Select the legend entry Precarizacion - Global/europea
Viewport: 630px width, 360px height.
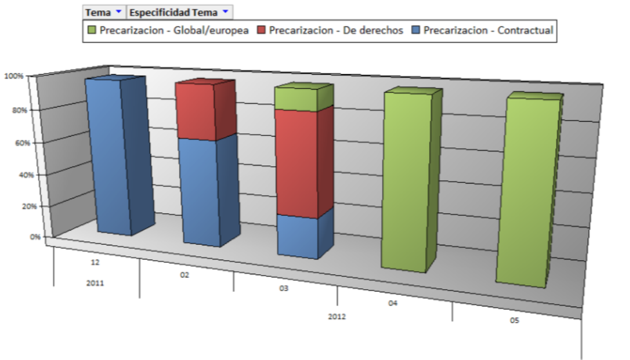[168, 30]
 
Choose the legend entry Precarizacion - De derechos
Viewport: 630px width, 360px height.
[330, 30]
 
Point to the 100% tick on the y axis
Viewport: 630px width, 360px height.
[14, 76]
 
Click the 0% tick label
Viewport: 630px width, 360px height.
[17, 237]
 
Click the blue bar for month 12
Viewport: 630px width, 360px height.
[110, 155]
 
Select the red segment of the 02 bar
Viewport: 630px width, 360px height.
[196, 111]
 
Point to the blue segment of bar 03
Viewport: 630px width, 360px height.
[298, 236]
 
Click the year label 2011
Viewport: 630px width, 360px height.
[95, 283]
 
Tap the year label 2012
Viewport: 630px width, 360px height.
[338, 317]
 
